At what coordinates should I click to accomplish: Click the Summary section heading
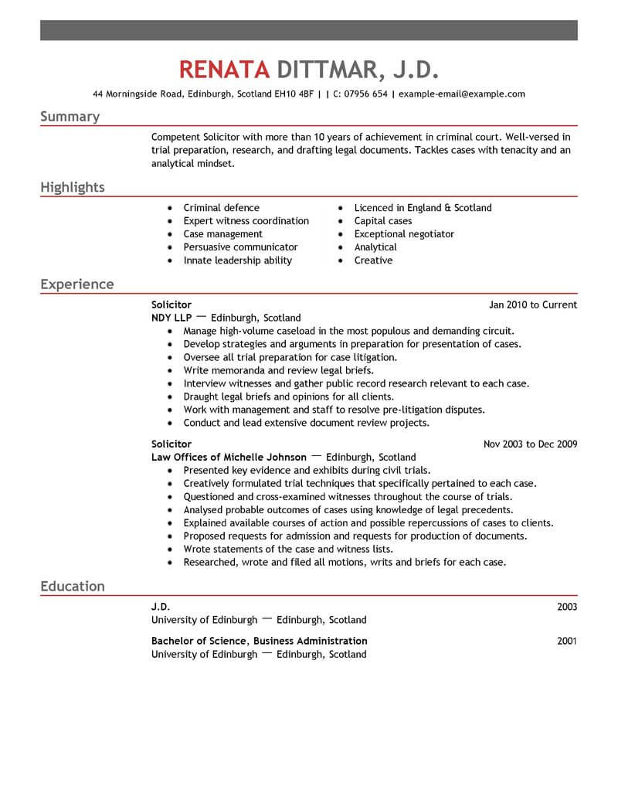point(70,117)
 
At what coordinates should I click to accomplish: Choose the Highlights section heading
point(73,188)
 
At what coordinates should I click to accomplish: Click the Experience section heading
point(77,284)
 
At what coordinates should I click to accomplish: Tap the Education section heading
point(73,587)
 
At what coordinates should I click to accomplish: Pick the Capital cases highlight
point(383,221)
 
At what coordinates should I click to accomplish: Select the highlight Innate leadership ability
point(237,260)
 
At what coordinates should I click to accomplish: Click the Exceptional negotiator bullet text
point(404,234)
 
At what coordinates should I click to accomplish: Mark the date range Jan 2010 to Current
point(533,305)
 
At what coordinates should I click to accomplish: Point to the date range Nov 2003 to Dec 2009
point(530,444)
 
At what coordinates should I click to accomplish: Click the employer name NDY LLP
point(171,318)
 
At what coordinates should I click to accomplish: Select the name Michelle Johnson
point(267,457)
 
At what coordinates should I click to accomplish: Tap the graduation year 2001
point(567,642)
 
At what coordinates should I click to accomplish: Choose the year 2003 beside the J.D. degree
point(567,608)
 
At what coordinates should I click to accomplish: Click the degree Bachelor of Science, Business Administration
point(260,642)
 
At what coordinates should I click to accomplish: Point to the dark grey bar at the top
point(309,31)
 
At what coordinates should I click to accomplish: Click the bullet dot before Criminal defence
point(169,209)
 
